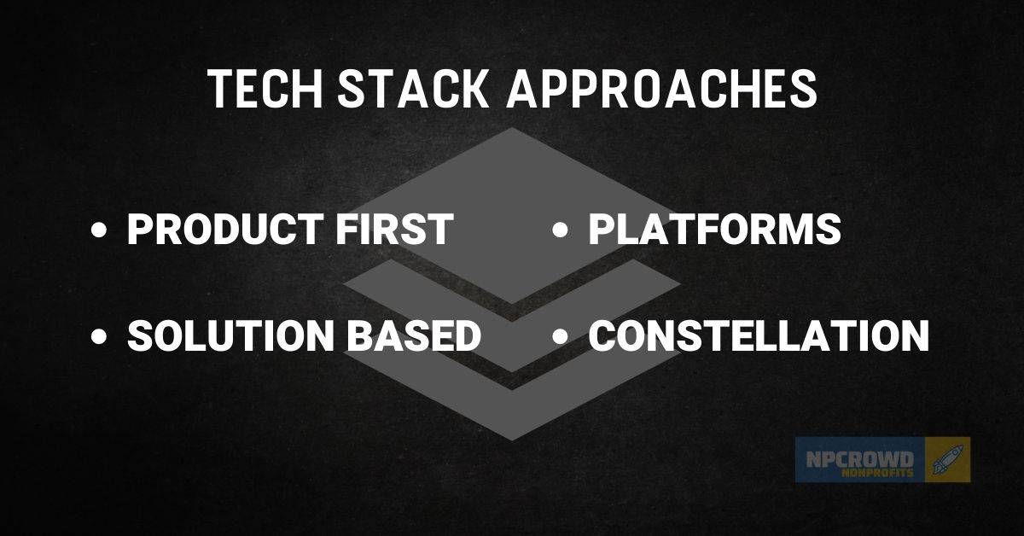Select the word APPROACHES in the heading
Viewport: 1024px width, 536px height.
(x=662, y=89)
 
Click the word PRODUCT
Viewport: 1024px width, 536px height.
(x=218, y=230)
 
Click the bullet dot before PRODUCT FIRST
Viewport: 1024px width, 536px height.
(x=101, y=231)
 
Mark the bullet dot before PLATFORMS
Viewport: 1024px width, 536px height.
(x=561, y=231)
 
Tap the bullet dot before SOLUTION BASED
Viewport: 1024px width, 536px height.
(x=101, y=337)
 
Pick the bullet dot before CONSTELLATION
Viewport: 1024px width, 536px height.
(x=561, y=337)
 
